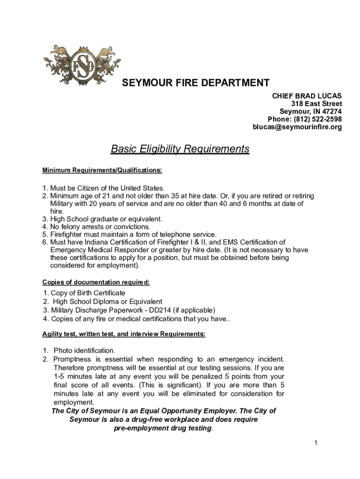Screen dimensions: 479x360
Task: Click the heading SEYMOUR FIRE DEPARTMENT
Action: coord(195,83)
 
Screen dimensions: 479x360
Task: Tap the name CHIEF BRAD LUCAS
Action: coord(307,95)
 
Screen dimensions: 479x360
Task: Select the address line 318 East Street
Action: coord(316,103)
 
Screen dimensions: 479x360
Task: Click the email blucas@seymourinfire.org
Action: coord(297,127)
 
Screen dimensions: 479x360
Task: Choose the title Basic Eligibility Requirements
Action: coord(180,149)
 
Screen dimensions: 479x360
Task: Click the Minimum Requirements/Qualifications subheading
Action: coord(102,171)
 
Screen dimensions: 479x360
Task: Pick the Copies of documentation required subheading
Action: coord(96,282)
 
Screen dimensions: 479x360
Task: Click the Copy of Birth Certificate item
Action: coord(84,293)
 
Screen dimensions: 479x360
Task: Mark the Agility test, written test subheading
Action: coord(123,334)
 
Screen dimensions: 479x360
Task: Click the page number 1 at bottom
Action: coord(316,443)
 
